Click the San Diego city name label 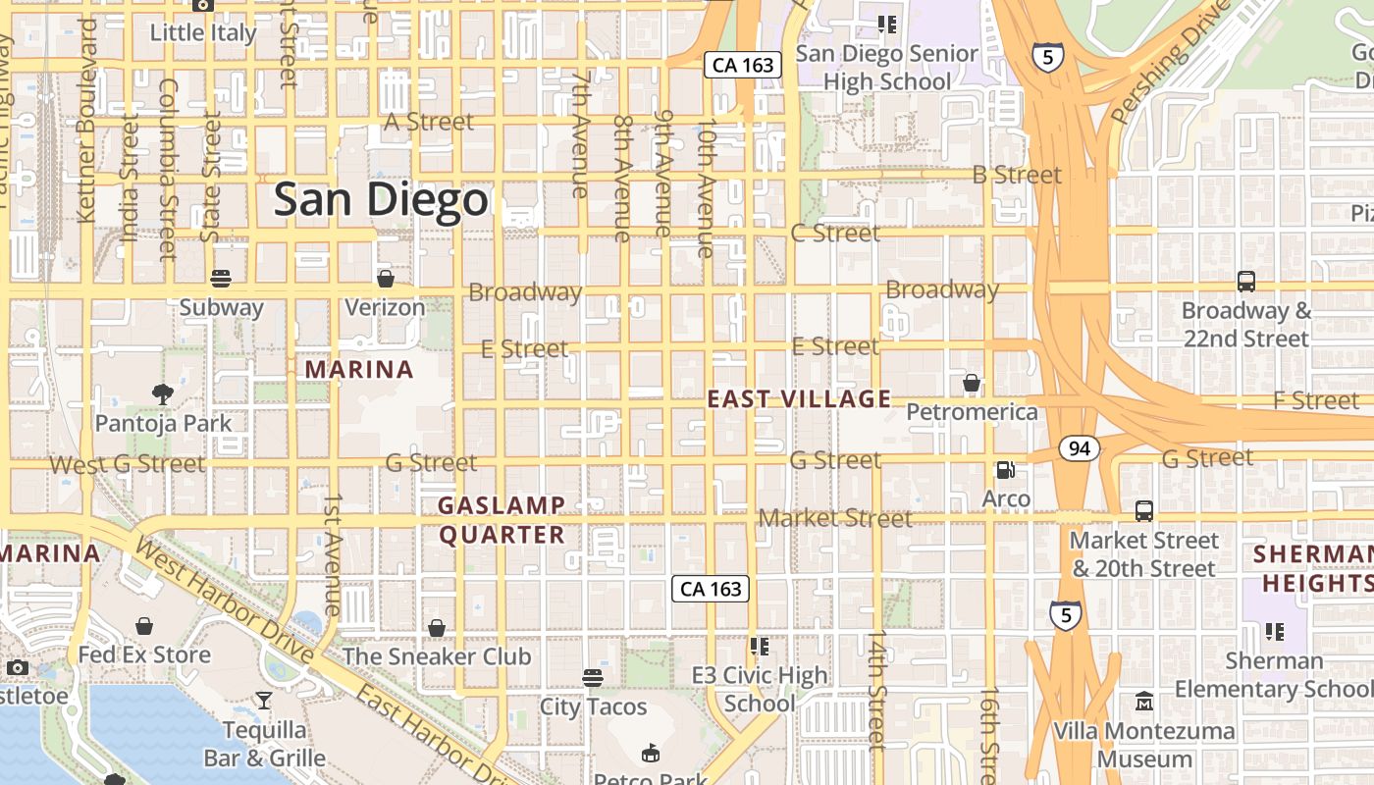[x=381, y=200]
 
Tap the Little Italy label [x=203, y=32]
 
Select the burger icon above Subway [x=221, y=279]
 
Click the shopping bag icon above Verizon [x=386, y=279]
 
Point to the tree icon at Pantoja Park [x=163, y=394]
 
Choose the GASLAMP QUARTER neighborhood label [x=502, y=520]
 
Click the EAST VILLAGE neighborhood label [x=799, y=398]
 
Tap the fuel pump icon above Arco [x=1006, y=470]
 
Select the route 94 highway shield [x=1079, y=448]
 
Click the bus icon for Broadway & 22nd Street [x=1246, y=282]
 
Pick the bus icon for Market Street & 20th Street [x=1144, y=511]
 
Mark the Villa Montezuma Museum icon [x=1144, y=702]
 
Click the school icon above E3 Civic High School [x=759, y=646]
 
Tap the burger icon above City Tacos [x=592, y=677]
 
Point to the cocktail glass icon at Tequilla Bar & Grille [x=264, y=701]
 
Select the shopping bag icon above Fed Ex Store [x=144, y=626]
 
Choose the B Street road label [x=1017, y=175]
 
